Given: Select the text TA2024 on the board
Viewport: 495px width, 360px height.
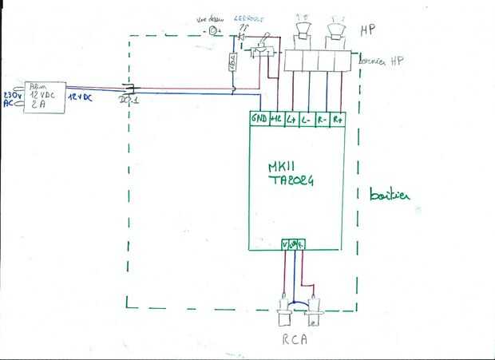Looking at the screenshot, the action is pos(291,181).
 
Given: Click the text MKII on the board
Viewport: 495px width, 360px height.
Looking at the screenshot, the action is pos(284,168).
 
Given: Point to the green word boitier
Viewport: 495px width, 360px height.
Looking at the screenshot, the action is pos(389,196).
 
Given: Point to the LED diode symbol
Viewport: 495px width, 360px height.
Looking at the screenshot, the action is pos(239,36).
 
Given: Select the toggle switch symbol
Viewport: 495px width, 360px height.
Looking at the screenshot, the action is pos(260,49).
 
